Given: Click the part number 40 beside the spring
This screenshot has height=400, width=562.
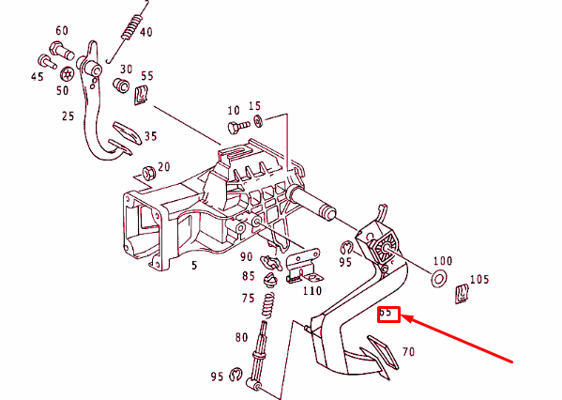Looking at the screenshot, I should (x=145, y=32).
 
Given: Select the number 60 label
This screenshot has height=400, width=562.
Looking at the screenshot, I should (x=62, y=30).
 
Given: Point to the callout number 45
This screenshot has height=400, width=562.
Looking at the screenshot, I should (x=37, y=76).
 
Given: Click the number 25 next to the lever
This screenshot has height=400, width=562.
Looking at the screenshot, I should (x=67, y=116).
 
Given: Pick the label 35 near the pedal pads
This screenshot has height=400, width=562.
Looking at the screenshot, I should (x=150, y=136).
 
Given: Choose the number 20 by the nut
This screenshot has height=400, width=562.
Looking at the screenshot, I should (x=163, y=167).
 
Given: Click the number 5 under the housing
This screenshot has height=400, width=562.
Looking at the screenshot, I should (x=194, y=266).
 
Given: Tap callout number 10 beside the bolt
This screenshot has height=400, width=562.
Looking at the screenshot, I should (x=234, y=110).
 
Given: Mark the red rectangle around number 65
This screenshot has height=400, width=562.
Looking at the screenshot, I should (x=388, y=315).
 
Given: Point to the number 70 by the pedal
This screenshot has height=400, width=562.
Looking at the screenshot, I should (x=408, y=353).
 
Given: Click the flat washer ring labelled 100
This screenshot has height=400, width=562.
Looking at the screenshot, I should (x=436, y=280).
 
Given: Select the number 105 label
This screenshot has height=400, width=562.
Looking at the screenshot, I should (x=478, y=279).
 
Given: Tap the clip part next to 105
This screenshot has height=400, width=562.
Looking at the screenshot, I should (x=462, y=295).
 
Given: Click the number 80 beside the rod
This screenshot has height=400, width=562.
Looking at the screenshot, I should (x=242, y=337).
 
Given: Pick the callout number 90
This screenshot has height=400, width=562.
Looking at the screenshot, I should (x=247, y=256).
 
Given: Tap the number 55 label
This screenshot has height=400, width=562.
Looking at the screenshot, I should (x=147, y=75).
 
